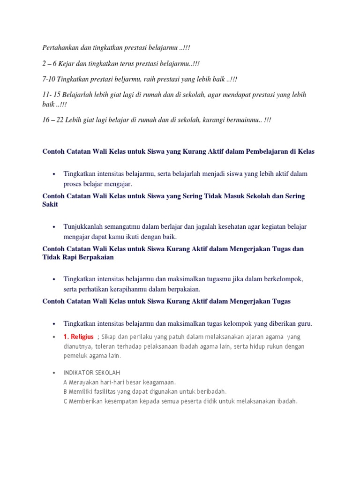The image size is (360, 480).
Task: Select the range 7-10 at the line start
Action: coord(48,79)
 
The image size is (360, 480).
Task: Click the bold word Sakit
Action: coord(50,205)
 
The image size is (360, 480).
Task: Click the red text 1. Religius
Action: coord(79,337)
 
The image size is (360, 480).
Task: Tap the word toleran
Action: coord(107,346)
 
